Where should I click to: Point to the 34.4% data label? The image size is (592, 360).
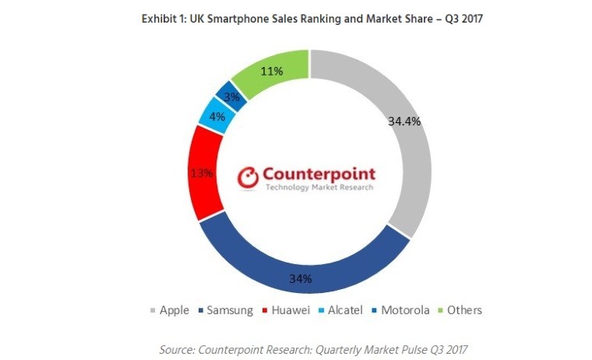403,122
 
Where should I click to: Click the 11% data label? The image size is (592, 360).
272,72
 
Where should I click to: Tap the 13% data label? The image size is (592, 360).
202,173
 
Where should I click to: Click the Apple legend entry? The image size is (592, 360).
169,310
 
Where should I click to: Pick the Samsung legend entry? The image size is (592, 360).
227,310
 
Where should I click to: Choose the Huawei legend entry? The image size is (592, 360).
286,310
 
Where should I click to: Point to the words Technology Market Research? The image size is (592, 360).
319,188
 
